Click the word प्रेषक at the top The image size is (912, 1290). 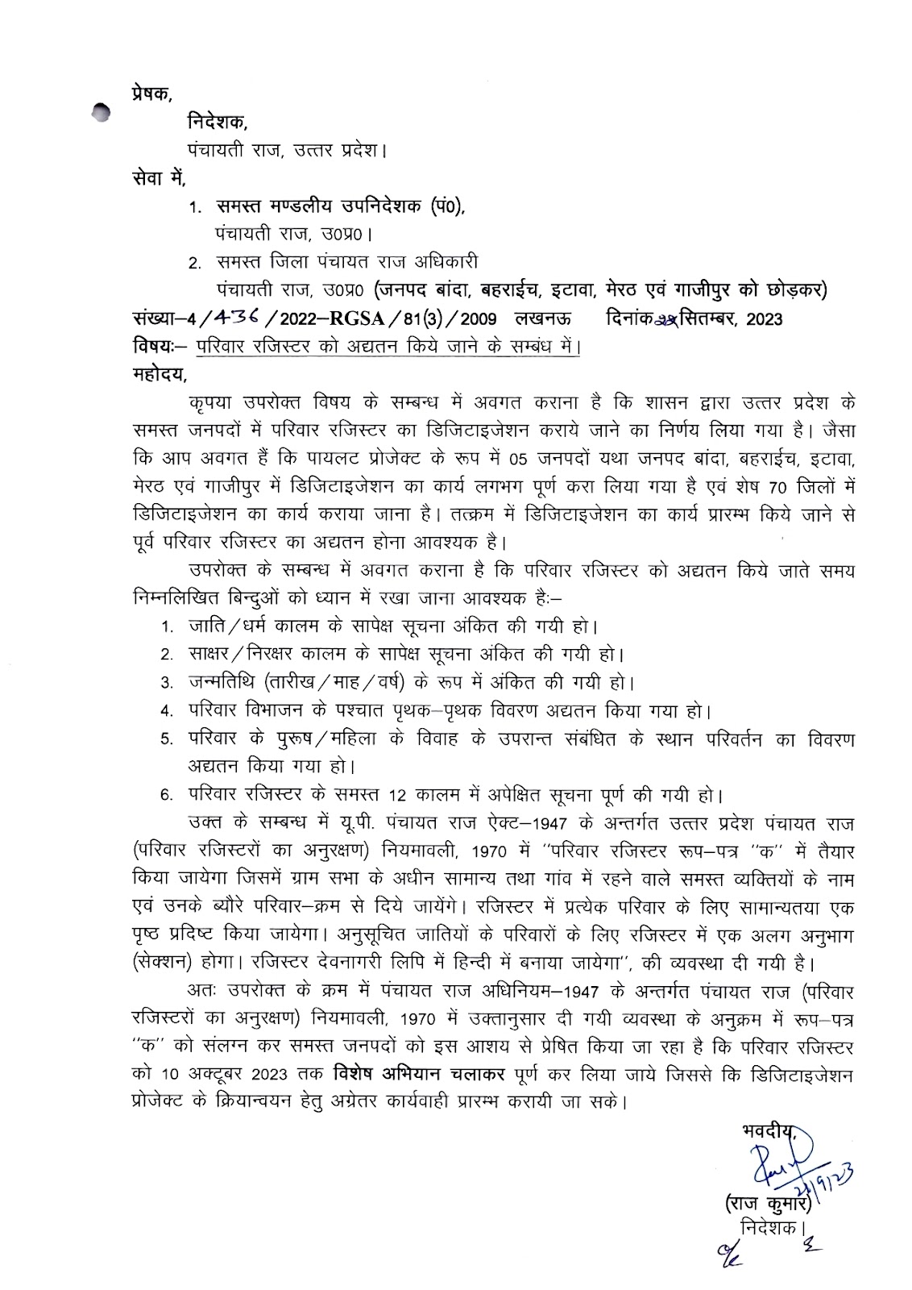coord(150,93)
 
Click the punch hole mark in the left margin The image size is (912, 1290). coord(100,114)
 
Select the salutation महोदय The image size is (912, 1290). coord(157,374)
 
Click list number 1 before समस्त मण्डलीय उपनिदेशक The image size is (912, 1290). coord(193,209)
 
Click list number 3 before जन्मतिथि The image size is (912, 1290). coord(166,684)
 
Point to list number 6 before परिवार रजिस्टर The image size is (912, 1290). coord(166,796)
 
